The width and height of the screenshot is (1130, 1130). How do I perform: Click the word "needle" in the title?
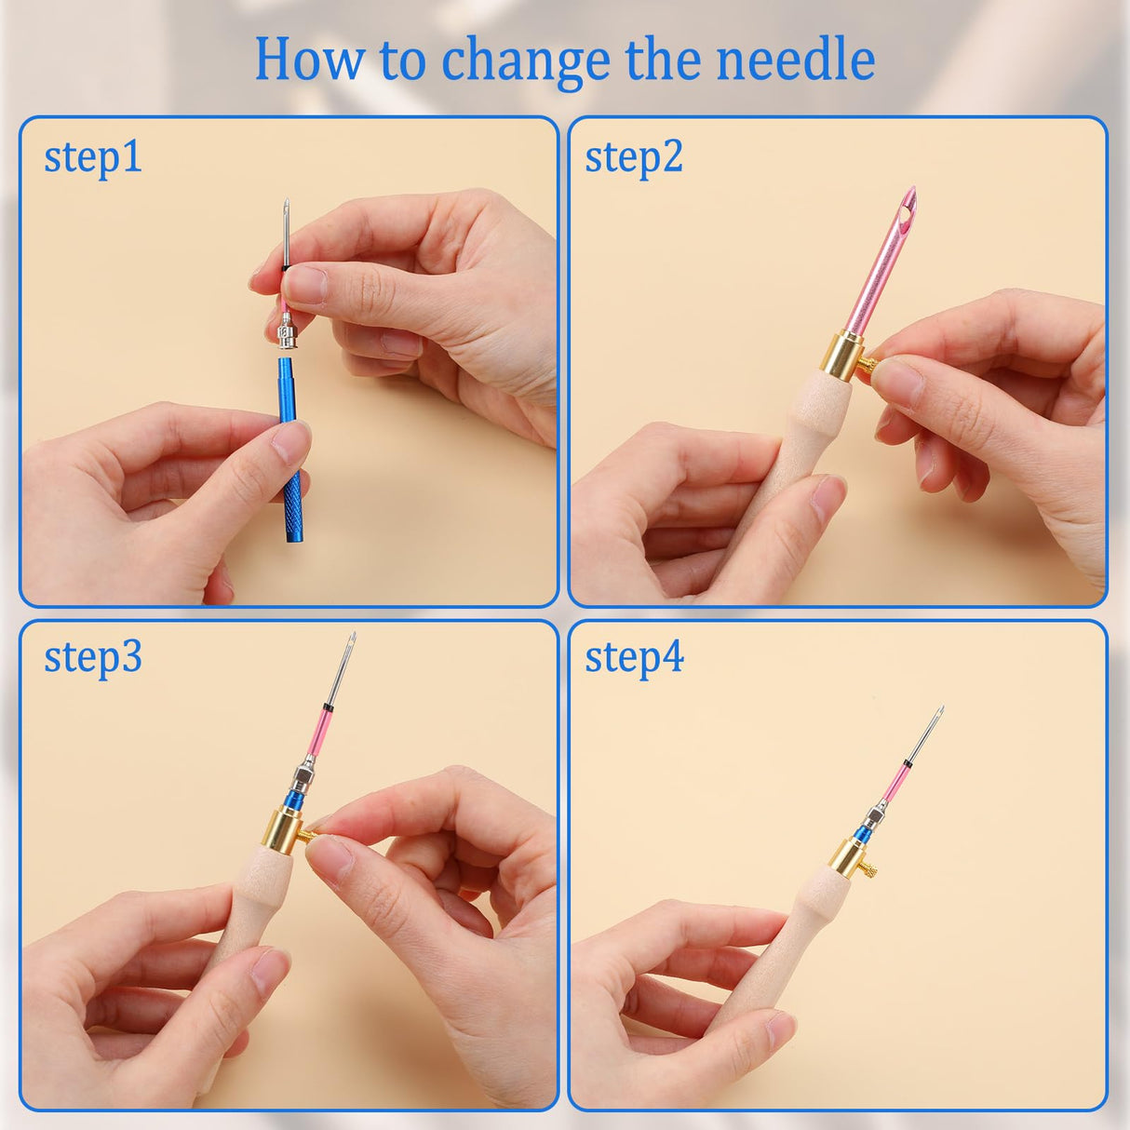click(795, 60)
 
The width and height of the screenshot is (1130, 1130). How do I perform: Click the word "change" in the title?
click(527, 60)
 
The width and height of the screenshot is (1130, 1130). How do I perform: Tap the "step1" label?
click(93, 157)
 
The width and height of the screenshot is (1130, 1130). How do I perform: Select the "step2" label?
click(634, 157)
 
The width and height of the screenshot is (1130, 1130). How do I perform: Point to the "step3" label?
click(93, 657)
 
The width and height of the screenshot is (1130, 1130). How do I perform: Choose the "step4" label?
click(634, 657)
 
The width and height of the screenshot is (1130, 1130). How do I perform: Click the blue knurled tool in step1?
click(289, 447)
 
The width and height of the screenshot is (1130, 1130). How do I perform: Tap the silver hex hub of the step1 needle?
click(287, 333)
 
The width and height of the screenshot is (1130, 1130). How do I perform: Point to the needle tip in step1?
click(287, 203)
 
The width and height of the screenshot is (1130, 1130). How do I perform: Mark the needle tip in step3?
click(352, 638)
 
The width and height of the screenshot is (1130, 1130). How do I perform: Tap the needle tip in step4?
click(940, 710)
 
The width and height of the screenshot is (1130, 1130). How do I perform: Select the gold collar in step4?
click(850, 857)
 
